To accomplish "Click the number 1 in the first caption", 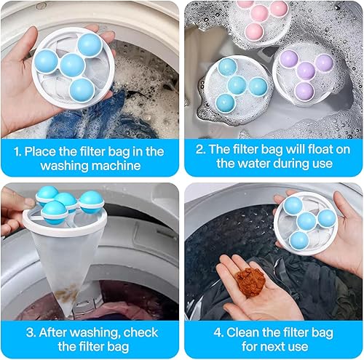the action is coord(17,152).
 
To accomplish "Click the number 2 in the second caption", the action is coord(200,149).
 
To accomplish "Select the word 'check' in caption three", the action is coord(141,332).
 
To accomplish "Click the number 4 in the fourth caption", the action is coord(218,332).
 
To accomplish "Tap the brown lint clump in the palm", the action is coord(250,281).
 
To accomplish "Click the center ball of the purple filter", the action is coord(306,71).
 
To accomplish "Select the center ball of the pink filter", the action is coord(260,14).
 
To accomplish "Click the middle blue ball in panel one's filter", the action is coord(72,65).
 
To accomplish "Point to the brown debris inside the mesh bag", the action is coord(67,294).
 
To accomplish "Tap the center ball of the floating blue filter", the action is coord(237,85).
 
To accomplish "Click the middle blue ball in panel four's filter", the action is coord(306,221).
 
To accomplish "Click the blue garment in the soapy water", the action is coord(102,116).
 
